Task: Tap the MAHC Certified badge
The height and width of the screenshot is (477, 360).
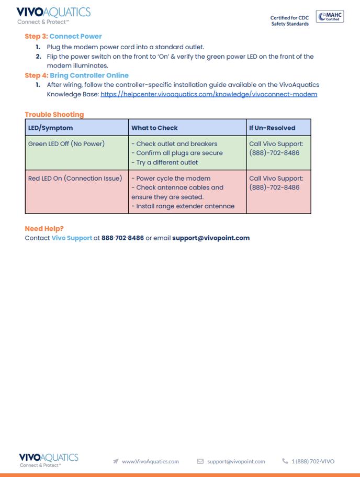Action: click(330, 17)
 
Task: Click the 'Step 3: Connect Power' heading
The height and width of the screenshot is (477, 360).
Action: click(63, 36)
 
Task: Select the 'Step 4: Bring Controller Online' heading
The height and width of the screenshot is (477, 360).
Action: click(76, 75)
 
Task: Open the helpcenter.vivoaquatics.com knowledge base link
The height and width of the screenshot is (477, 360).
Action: click(208, 94)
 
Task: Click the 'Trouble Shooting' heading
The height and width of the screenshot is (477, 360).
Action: click(54, 115)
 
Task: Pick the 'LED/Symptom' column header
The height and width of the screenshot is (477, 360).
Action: click(51, 128)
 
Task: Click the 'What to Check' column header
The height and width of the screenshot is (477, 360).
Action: click(154, 128)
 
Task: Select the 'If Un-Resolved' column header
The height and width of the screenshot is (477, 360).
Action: click(272, 128)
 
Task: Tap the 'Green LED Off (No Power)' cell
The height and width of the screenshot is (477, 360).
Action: click(66, 143)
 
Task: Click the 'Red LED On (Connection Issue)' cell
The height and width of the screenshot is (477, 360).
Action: click(75, 178)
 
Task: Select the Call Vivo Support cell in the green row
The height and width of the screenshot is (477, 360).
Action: click(276, 148)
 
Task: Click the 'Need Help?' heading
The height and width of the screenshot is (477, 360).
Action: click(44, 229)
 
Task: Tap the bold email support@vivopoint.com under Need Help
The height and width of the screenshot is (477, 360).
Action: click(211, 238)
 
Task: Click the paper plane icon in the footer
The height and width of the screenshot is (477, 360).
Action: click(116, 461)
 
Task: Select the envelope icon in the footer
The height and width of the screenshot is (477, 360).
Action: click(200, 461)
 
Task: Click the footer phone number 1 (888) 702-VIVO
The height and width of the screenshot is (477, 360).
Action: click(312, 461)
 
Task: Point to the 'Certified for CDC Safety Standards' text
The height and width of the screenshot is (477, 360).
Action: click(289, 20)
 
